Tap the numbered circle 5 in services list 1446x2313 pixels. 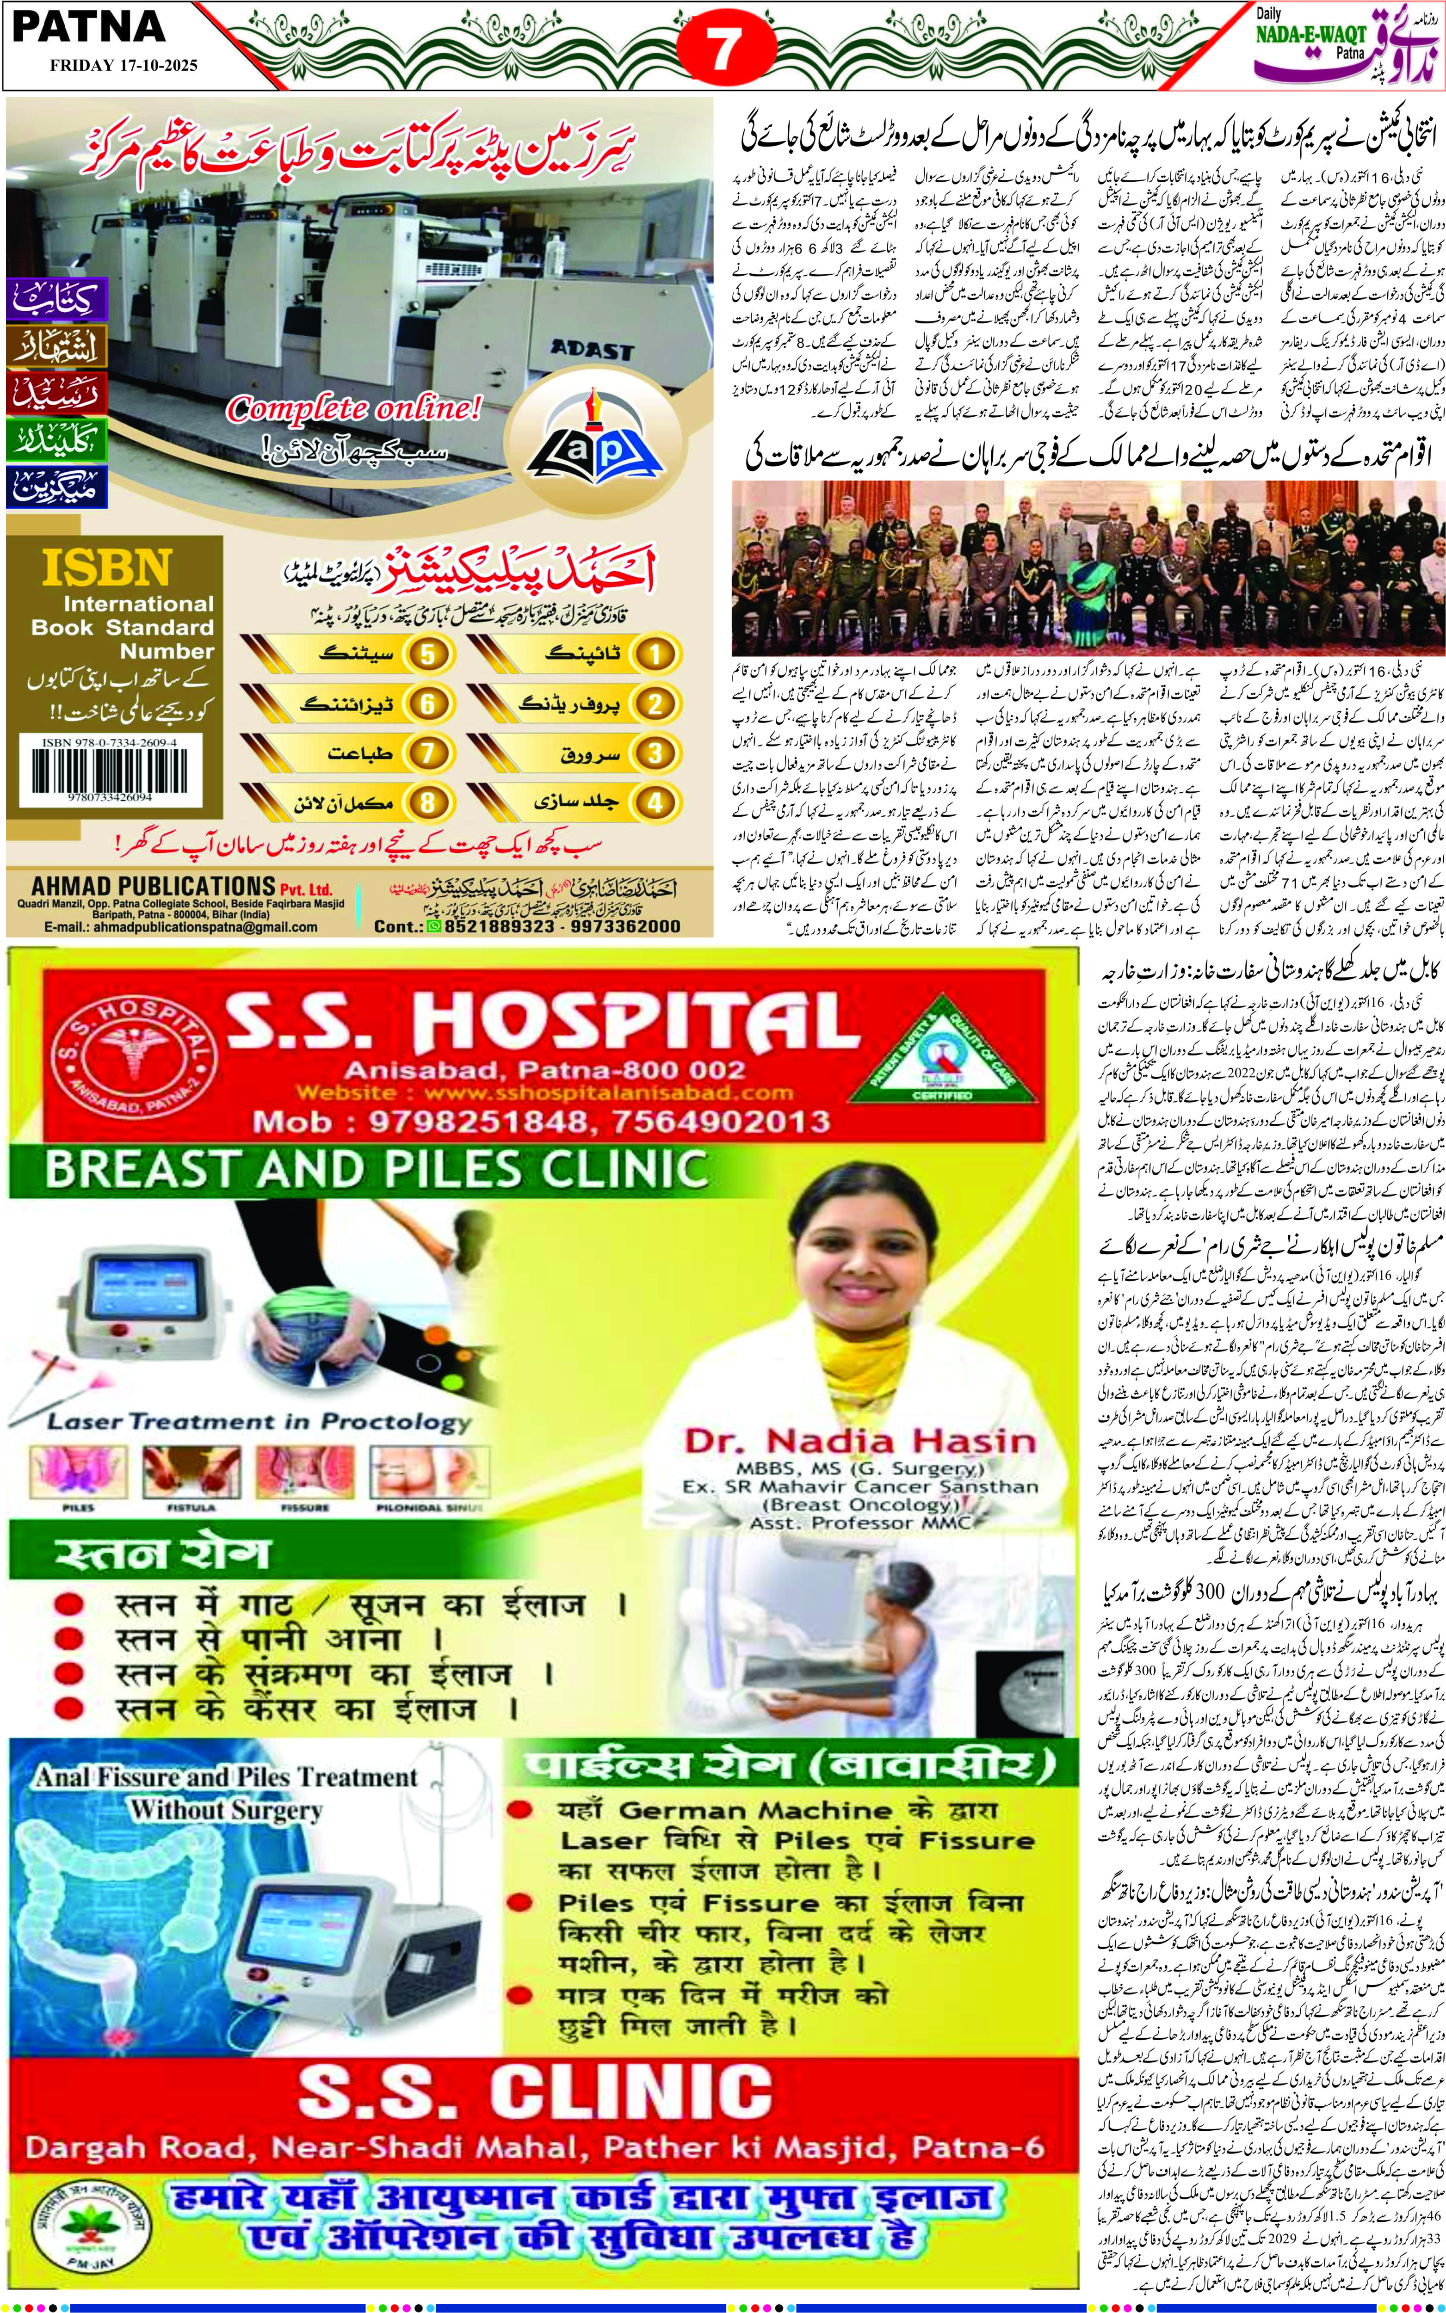(427, 654)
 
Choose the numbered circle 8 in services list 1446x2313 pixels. (427, 801)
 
